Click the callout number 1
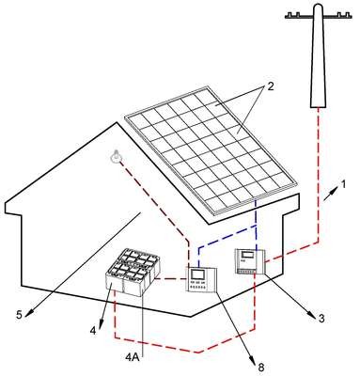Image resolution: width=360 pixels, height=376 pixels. coord(344,184)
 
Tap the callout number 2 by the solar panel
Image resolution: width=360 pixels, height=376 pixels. coord(270,86)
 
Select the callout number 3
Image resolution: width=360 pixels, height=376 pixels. coord(321,319)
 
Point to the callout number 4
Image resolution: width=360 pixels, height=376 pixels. coord(93,331)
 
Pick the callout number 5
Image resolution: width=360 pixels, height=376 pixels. coord(19,315)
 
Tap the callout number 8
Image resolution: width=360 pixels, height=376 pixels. coord(260,367)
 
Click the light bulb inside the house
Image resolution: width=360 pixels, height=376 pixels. coord(117,156)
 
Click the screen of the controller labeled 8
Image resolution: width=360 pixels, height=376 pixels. coord(197,274)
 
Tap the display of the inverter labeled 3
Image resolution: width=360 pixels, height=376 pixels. coord(248,255)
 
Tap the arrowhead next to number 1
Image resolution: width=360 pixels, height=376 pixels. coord(335,189)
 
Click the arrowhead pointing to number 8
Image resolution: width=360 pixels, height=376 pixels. coord(252,358)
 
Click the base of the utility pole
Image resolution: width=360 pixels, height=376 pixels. coord(318,106)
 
